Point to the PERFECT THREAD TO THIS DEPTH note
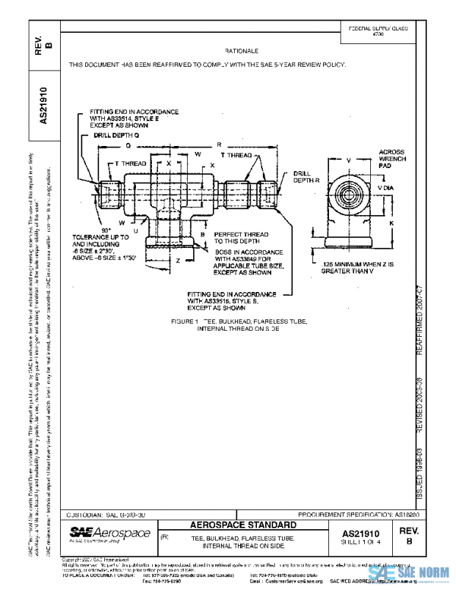[239, 238]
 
